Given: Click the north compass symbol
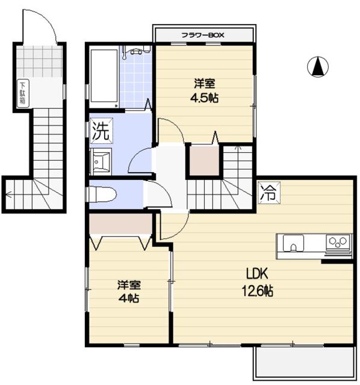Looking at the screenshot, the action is point(318,67).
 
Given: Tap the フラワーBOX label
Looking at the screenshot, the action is point(203,35).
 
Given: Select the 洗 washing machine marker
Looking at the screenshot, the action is point(101,131).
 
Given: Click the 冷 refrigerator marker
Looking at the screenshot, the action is point(268,192).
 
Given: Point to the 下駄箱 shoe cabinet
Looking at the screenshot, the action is point(23,93).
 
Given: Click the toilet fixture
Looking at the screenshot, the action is point(101,195).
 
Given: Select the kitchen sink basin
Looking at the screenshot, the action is point(293,243).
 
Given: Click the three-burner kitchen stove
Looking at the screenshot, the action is point(338,242).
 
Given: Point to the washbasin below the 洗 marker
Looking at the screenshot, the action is point(101,162).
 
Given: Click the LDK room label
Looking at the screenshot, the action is point(257,274).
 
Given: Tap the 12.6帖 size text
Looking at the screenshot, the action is point(258,291).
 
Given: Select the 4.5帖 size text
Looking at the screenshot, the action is point(205,98).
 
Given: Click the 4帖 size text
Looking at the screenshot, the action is point(129,298).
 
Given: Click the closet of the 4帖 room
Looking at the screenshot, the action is point(120,224).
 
